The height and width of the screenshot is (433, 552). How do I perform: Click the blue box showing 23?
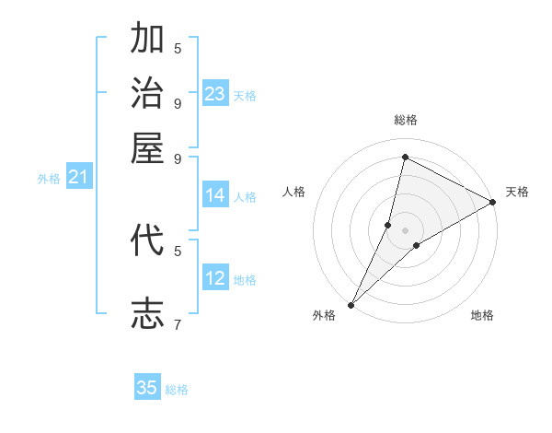(215, 94)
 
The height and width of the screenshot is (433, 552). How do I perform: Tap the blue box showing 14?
(215, 195)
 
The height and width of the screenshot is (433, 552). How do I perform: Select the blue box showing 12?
(215, 278)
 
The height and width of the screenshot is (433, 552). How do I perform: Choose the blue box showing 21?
(77, 177)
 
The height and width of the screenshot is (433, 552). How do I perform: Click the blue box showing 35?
(147, 388)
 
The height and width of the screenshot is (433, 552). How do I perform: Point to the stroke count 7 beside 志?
(178, 324)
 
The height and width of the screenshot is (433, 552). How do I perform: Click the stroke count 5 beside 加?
(178, 48)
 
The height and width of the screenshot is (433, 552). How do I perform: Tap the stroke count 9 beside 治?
(178, 102)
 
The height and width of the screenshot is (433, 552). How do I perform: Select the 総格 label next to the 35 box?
(177, 390)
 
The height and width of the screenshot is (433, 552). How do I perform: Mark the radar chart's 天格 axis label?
(517, 192)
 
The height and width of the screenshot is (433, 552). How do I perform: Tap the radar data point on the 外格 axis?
(351, 305)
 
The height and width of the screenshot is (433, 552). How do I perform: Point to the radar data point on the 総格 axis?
(405, 157)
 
